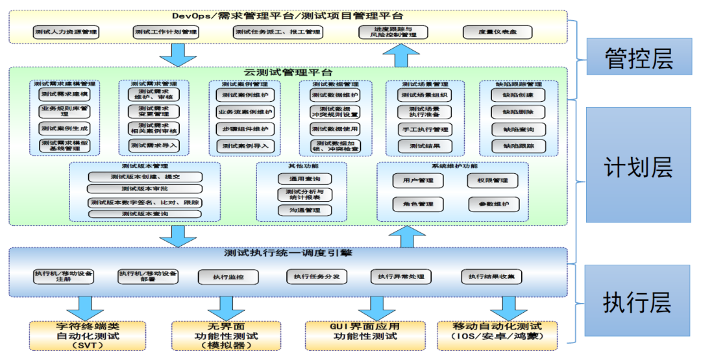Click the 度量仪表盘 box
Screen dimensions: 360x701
tap(497, 32)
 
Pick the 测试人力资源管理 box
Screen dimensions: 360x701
tap(66, 32)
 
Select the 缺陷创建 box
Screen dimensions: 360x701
tap(518, 95)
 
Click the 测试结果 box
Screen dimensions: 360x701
tap(425, 146)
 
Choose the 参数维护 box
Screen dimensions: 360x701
tap(494, 204)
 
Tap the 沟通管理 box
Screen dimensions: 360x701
tap(304, 210)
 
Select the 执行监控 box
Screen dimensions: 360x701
tap(228, 277)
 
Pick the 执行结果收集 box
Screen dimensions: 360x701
tap(491, 276)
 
